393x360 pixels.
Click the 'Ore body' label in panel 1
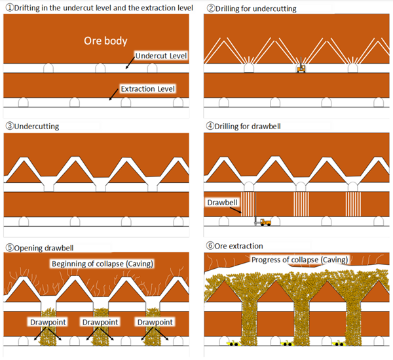105,41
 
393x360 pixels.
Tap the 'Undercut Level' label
161,56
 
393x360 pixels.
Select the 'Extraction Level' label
147,89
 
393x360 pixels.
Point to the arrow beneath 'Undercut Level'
130,63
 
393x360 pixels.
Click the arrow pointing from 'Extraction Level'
113,94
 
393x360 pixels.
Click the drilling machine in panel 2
301,66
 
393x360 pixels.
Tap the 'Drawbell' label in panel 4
222,203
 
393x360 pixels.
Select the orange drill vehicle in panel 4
265,222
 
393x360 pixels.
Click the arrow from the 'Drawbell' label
236,210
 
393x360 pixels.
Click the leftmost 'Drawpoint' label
48,322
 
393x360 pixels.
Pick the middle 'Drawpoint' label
100,322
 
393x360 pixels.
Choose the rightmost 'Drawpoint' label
155,322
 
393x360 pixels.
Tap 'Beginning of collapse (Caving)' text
102,264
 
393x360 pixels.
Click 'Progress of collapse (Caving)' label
299,260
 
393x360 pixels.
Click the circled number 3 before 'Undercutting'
10,126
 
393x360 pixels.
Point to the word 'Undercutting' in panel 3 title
37,126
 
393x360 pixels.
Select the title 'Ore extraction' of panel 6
238,246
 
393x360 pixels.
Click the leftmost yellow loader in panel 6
234,343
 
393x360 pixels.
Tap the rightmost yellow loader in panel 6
339,343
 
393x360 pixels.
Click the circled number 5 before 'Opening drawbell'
10,248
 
